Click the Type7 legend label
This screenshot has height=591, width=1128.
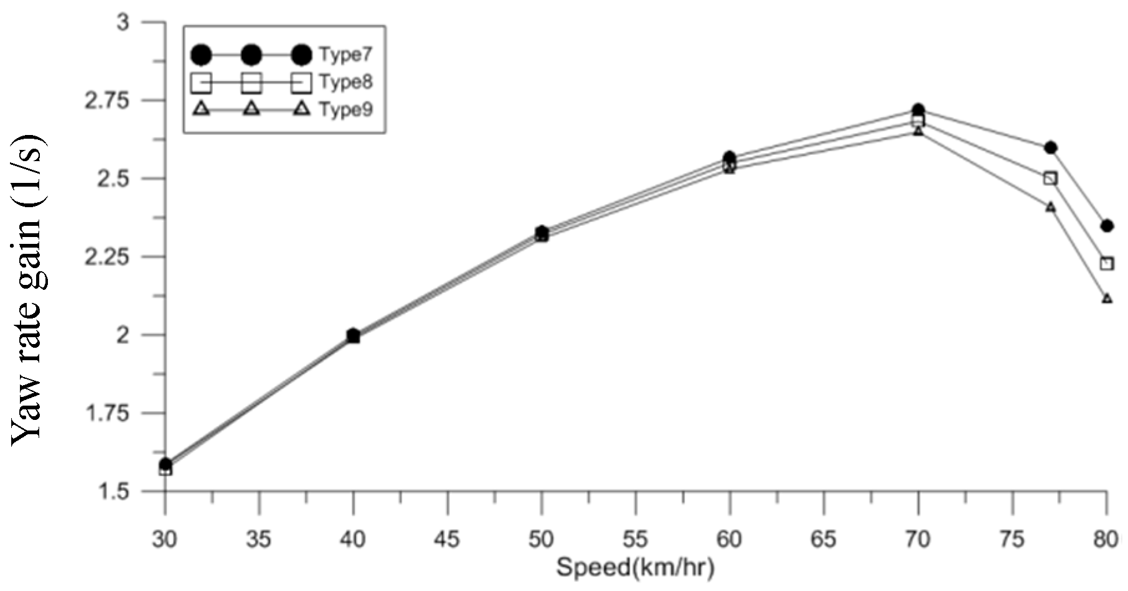[x=345, y=54]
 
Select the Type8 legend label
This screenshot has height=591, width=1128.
[x=345, y=81]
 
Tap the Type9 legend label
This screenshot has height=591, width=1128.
[x=345, y=109]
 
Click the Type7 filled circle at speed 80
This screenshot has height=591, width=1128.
[x=1106, y=225]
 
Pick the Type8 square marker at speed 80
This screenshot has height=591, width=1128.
[x=1106, y=264]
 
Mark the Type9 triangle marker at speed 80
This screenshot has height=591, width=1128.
[x=1106, y=299]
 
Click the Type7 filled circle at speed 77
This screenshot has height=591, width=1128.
[x=1050, y=147]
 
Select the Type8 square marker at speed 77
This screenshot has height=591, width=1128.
[x=1050, y=179]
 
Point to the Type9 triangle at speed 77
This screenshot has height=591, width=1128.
[x=1050, y=207]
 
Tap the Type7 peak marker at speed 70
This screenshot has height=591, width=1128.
[x=918, y=109]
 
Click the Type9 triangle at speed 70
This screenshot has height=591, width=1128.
[x=918, y=131]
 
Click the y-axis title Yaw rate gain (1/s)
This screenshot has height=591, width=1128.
[x=28, y=289]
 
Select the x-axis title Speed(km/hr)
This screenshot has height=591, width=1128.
[x=635, y=567]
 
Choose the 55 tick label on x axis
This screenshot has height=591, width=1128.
[x=635, y=539]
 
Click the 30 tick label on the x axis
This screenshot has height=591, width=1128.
[x=164, y=539]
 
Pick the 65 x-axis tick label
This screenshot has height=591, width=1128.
[x=823, y=539]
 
